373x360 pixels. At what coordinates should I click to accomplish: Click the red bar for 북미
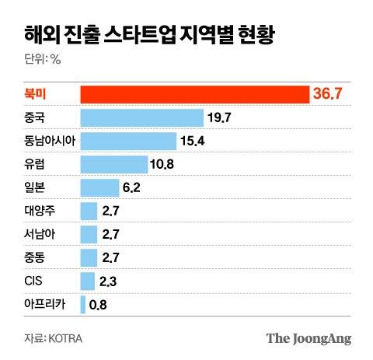(x=194, y=94)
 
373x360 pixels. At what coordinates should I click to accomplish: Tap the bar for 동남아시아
(x=129, y=141)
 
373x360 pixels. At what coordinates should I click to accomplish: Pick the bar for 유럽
(x=114, y=164)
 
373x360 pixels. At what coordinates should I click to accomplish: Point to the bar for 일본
(x=99, y=187)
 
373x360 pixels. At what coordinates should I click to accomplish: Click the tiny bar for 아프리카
(x=83, y=305)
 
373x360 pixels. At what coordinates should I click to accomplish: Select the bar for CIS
(x=88, y=281)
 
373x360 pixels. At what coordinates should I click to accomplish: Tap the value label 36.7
(x=327, y=94)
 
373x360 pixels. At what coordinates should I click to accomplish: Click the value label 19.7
(x=220, y=117)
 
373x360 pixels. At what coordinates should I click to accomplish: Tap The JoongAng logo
(x=309, y=338)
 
